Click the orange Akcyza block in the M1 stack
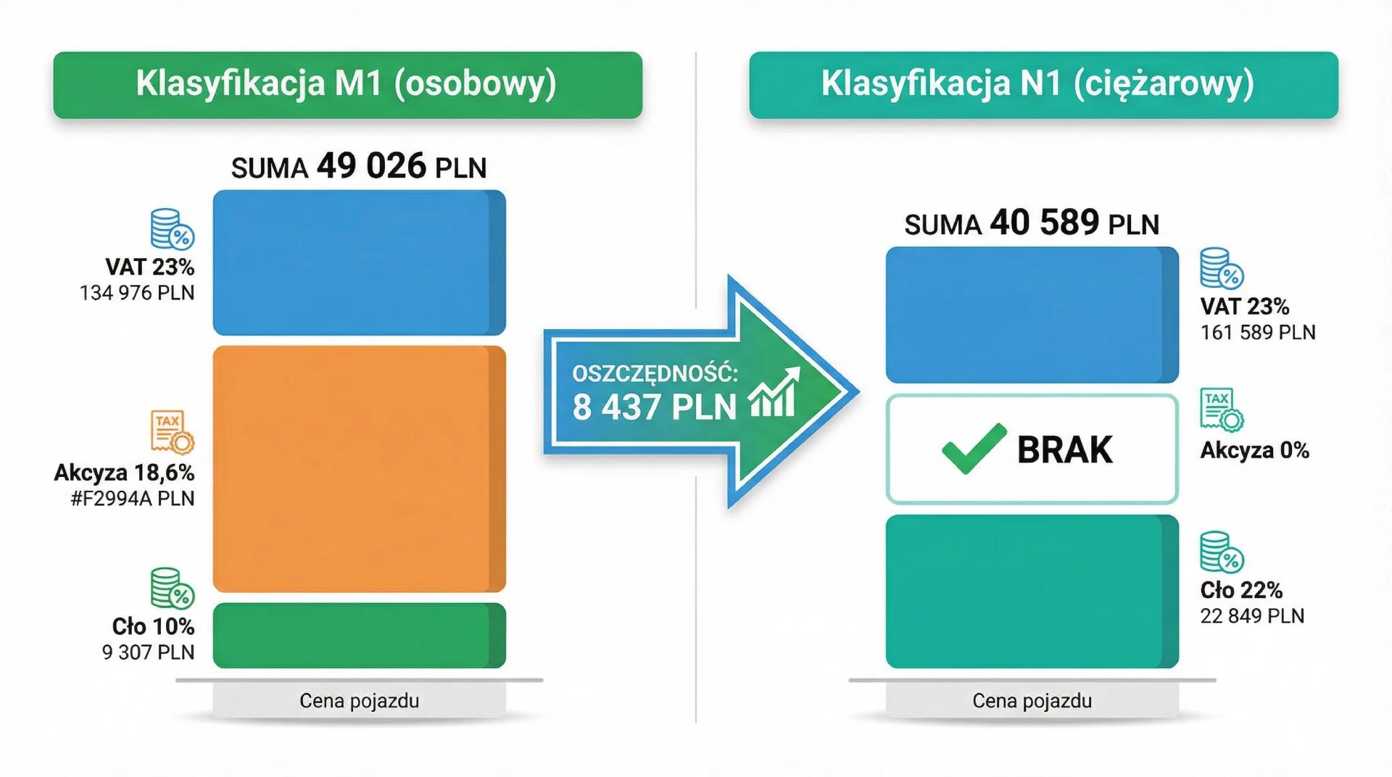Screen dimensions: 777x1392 (x=359, y=468)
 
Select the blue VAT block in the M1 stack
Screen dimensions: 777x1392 (x=359, y=262)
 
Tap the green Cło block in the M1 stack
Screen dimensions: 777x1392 (x=359, y=635)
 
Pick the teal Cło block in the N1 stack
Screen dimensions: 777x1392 (x=1032, y=591)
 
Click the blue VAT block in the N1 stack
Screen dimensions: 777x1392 (x=1032, y=315)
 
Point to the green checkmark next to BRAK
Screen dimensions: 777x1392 (x=974, y=449)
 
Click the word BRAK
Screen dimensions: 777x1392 (x=1064, y=450)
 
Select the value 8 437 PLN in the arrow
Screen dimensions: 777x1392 (x=654, y=407)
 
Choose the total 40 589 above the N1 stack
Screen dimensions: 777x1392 (x=1044, y=223)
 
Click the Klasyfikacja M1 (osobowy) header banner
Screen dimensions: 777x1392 (x=347, y=85)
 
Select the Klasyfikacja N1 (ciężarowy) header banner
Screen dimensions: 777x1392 (x=1043, y=85)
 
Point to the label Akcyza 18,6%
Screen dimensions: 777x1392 (x=125, y=473)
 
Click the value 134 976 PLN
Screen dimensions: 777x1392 (x=137, y=293)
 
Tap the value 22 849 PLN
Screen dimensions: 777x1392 (x=1252, y=616)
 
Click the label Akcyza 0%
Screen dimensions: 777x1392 (x=1254, y=450)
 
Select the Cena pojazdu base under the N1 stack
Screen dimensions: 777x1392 (x=1032, y=701)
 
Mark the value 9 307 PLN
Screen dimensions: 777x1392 (x=149, y=652)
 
